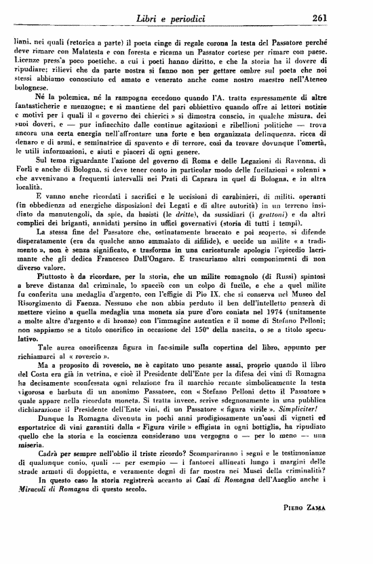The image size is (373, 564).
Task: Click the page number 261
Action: [x=352, y=18]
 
